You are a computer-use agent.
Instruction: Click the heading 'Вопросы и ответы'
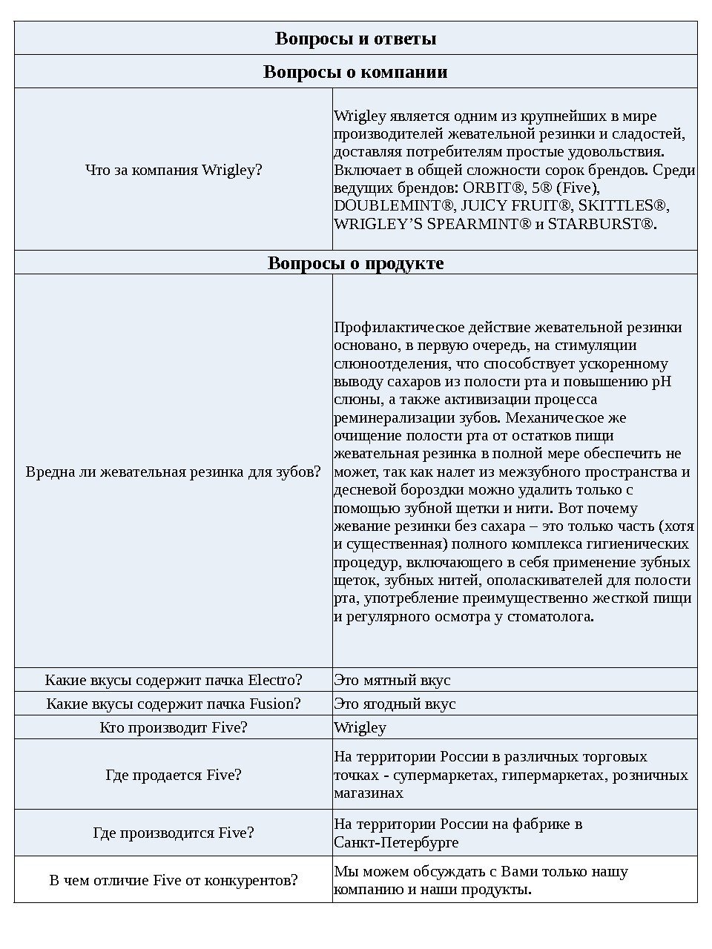[355, 39]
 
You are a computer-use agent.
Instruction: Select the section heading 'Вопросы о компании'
[355, 72]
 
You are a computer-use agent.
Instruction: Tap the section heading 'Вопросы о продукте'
[355, 263]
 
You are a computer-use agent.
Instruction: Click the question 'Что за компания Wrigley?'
[174, 170]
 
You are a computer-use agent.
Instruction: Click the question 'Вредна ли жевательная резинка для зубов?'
[174, 472]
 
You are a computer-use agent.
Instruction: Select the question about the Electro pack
[174, 680]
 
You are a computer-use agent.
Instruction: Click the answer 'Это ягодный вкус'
[395, 704]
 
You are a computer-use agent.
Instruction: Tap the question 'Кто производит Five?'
[174, 727]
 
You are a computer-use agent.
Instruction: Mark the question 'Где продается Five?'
[174, 775]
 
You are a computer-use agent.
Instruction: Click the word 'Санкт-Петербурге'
[396, 842]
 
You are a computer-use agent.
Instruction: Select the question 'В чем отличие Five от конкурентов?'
[174, 880]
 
